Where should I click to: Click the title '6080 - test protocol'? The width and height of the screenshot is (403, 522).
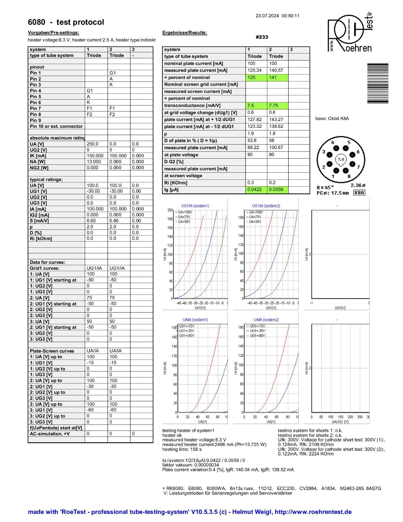coord(66,22)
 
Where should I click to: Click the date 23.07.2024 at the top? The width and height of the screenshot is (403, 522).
coord(267,16)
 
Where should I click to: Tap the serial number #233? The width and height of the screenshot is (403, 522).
coord(261,37)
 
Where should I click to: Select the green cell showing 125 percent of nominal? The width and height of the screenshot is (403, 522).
coord(256,78)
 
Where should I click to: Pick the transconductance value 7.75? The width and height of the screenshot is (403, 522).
coord(277,106)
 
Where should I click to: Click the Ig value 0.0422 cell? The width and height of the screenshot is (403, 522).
coord(256,190)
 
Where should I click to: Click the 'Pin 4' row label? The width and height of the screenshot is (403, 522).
coord(36,91)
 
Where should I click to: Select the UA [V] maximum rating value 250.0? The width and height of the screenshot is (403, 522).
coord(93,144)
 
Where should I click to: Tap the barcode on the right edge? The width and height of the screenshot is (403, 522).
coord(378,83)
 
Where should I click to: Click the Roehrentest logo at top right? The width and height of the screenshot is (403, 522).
coord(350,33)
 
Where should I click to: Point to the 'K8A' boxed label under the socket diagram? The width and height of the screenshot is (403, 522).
coord(359,193)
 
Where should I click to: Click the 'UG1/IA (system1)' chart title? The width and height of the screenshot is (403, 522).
coord(195,206)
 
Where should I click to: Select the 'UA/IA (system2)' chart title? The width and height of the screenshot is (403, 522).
coord(266,320)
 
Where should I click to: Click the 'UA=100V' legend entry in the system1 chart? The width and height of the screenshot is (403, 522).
coord(185,212)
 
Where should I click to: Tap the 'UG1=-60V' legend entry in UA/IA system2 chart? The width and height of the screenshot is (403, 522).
coord(257,335)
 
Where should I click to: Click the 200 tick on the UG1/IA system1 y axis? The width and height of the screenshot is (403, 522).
coord(170,210)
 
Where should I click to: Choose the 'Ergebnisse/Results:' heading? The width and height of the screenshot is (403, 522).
coord(185,33)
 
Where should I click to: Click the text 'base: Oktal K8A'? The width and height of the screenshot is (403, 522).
coord(332,118)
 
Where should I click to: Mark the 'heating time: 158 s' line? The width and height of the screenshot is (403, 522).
coord(182,449)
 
